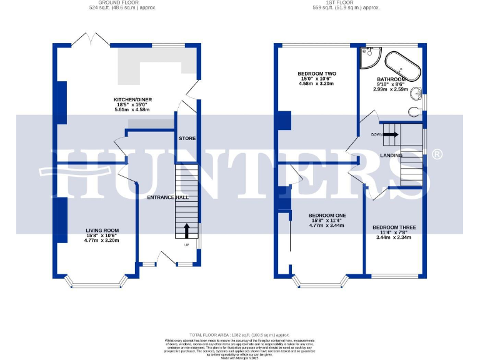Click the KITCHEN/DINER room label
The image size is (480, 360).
[x=132, y=99]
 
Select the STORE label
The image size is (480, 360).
[x=187, y=138]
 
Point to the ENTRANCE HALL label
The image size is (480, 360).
[x=167, y=197]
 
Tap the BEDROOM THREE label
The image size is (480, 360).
[x=394, y=227]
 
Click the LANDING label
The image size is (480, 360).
[x=391, y=155]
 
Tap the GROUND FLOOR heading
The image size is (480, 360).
[x=122, y=2]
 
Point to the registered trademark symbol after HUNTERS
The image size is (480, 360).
[x=437, y=154]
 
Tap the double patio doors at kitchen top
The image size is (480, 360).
[x=92, y=41]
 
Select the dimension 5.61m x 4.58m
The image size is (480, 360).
[x=132, y=109]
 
